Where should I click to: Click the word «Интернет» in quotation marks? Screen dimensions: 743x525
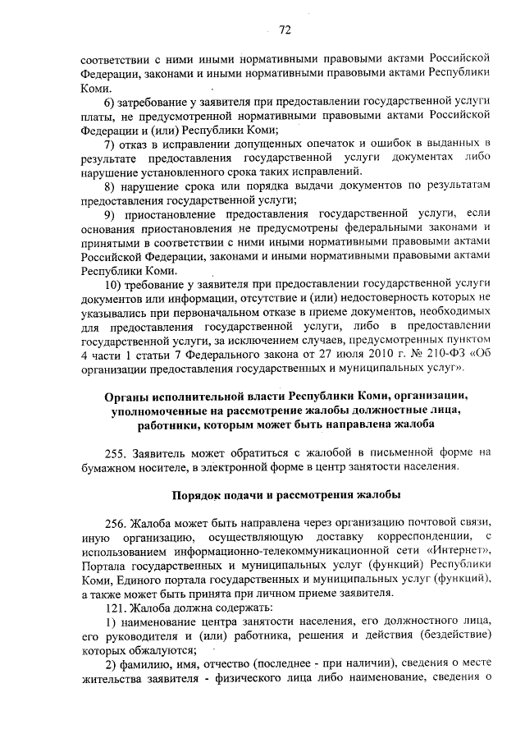point(442,552)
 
